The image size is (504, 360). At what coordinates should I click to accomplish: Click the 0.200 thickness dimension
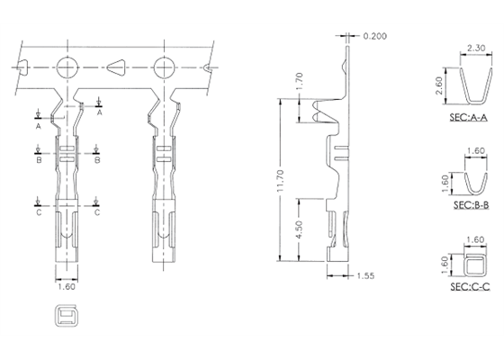[376, 36]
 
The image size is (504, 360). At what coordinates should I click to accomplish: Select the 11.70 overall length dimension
[281, 185]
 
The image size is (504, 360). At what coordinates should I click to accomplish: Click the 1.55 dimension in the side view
[366, 274]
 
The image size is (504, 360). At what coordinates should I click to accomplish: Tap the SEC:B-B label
[469, 205]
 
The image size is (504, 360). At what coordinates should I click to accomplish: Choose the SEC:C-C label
[469, 286]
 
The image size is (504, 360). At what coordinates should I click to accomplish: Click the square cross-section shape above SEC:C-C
[472, 262]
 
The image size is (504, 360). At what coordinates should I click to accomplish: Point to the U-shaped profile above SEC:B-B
[471, 179]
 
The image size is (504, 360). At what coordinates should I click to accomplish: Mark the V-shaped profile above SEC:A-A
[465, 87]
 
